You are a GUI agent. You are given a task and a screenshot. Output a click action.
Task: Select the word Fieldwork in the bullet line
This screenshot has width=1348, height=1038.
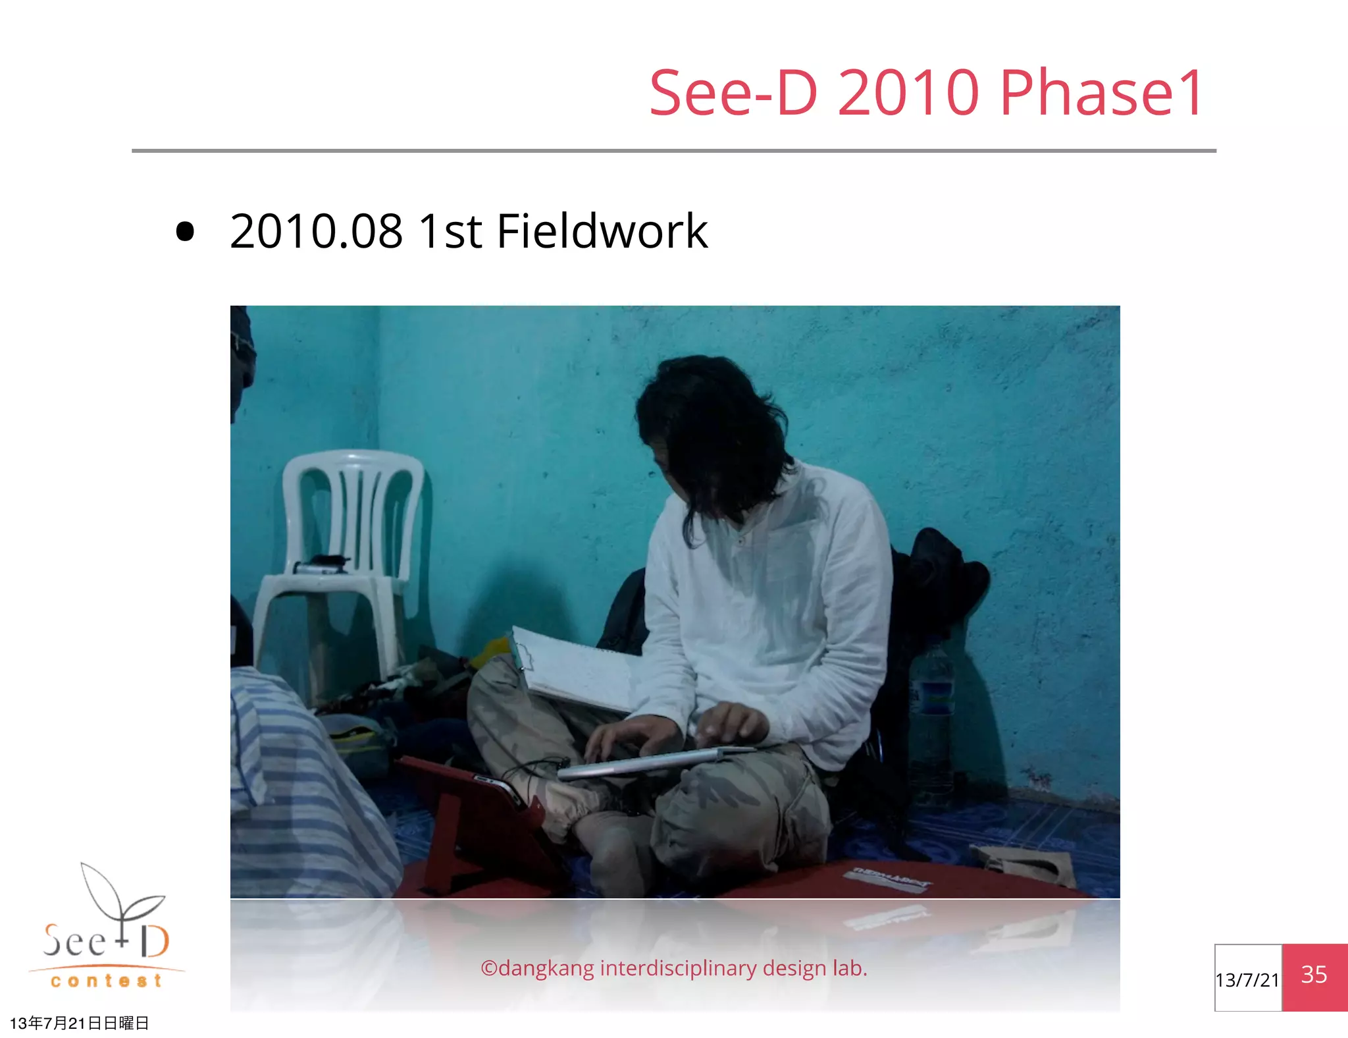(602, 232)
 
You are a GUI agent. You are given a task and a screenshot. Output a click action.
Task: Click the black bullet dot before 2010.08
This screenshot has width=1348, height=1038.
(186, 232)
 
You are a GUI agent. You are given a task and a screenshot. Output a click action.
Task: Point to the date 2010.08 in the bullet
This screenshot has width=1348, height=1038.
(316, 232)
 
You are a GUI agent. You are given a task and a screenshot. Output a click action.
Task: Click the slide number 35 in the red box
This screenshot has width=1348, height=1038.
(1314, 975)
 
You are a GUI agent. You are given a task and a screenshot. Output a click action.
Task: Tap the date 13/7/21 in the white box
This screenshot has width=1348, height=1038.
(1247, 980)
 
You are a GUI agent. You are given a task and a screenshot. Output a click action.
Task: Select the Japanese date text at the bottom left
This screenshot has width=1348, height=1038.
(79, 1023)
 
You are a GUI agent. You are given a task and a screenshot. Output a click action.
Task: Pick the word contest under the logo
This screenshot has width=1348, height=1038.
(107, 981)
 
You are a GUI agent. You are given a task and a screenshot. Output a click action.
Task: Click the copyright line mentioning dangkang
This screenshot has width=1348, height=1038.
(674, 968)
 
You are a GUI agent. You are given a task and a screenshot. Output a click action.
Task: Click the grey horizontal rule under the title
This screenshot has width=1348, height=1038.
(674, 151)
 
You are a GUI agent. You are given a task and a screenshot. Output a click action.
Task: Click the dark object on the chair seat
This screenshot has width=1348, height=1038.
(323, 564)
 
